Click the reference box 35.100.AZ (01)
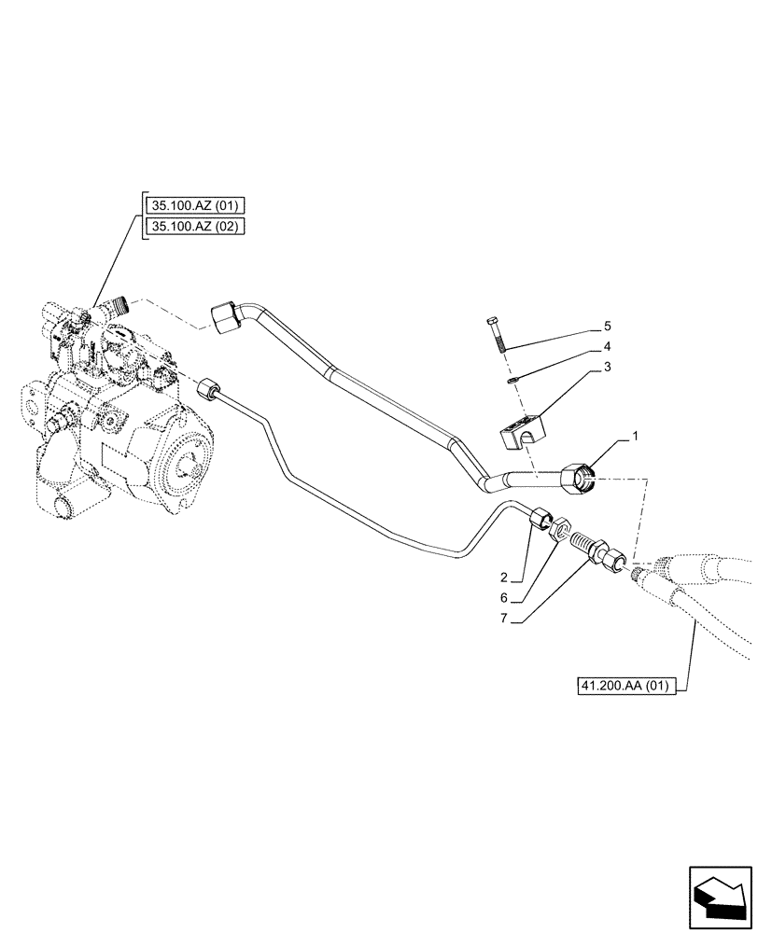point(194,204)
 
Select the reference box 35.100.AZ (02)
point(194,226)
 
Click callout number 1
point(637,437)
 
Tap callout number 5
point(607,327)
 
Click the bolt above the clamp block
point(497,335)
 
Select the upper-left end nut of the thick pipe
point(225,316)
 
